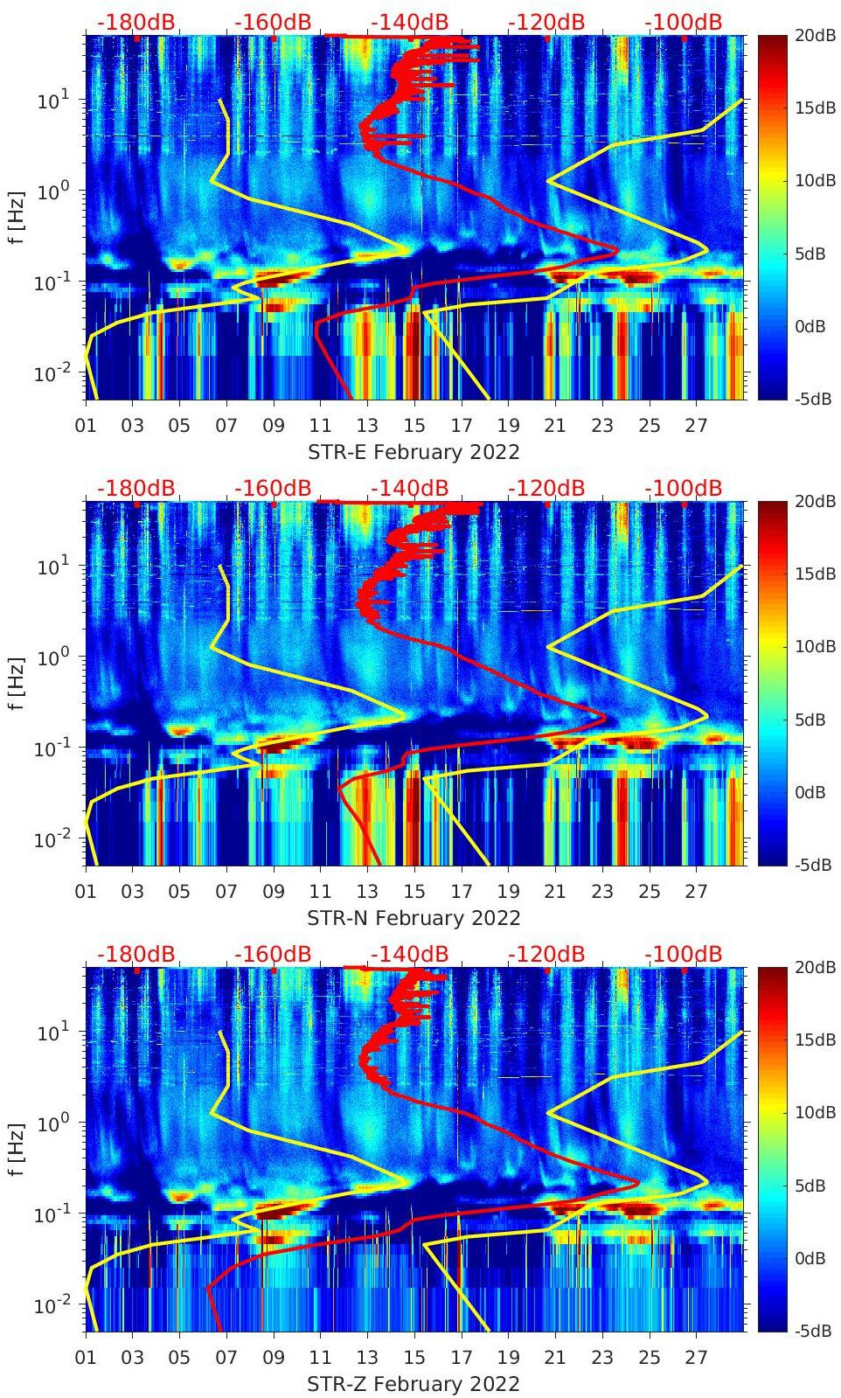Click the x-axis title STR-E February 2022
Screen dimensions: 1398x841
coord(414,452)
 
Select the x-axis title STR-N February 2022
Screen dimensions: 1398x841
coord(414,918)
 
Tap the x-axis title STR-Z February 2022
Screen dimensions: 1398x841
coord(414,1384)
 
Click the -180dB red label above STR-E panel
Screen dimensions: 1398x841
coord(136,22)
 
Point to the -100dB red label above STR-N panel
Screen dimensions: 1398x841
coord(684,488)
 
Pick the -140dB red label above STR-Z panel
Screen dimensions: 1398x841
coord(409,954)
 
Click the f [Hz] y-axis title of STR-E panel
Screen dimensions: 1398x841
coord(17,217)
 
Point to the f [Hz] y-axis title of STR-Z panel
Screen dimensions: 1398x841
coord(17,1149)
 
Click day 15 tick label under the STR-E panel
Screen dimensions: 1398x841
coord(414,426)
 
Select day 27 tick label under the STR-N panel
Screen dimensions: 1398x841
coord(696,892)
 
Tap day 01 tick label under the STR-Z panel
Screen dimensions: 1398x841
coord(86,1358)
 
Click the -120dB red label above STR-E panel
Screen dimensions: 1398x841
coord(546,22)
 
